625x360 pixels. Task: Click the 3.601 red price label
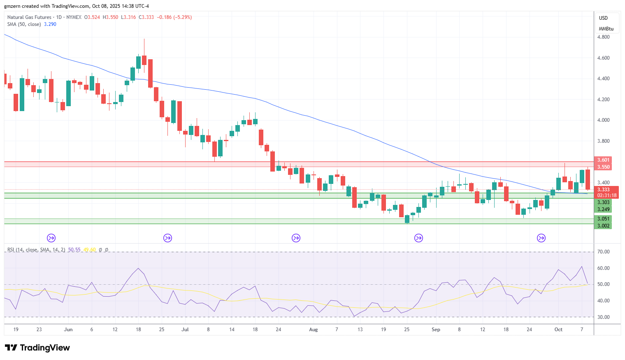pos(603,160)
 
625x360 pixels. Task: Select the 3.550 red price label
pos(603,167)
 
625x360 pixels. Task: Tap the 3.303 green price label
pos(603,202)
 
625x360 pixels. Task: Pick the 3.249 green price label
pos(603,209)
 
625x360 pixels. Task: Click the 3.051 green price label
pos(603,219)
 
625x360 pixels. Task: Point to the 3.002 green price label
pos(603,226)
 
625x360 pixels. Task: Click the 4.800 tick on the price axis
pos(603,37)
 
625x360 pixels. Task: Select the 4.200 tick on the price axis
pos(603,99)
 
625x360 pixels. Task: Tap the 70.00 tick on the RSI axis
pos(603,252)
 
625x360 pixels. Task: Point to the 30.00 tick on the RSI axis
pos(603,317)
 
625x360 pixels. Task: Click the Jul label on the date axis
pos(185,330)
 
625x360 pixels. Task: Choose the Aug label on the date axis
pos(314,330)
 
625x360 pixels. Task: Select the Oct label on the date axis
pos(558,330)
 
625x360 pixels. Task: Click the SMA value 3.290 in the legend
pos(50,24)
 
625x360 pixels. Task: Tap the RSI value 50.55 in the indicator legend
pos(74,250)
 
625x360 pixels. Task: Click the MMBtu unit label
pos(606,29)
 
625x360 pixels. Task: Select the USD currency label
pos(603,18)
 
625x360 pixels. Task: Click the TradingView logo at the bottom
pos(37,348)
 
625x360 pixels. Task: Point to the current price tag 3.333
pos(603,190)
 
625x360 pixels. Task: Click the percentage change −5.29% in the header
pos(182,17)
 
